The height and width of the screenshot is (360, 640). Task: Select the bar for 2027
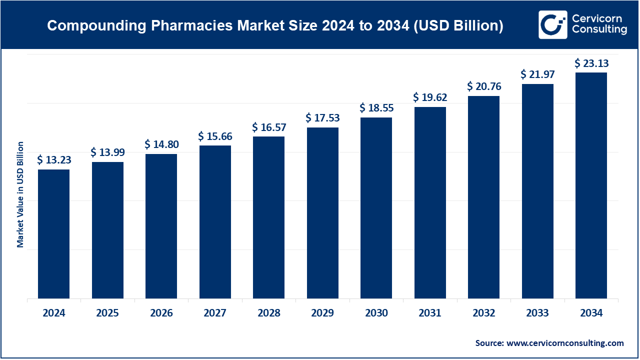[x=215, y=222]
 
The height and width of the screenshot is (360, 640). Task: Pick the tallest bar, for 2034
[x=591, y=185]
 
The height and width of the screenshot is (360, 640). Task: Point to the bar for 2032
[x=483, y=197]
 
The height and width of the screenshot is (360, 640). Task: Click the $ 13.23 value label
[x=53, y=160]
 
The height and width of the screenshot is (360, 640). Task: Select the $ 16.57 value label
[x=268, y=127]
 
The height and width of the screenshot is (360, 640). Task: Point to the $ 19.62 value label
[x=430, y=97]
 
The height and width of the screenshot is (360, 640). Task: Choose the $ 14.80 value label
[x=161, y=144]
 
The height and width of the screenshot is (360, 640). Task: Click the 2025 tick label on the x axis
[x=107, y=313]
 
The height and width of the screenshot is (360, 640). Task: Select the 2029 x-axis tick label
[x=322, y=313]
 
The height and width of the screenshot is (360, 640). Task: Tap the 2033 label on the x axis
[x=537, y=313]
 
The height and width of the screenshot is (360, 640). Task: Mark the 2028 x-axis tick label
[x=268, y=313]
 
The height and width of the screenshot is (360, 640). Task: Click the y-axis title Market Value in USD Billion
[x=20, y=194]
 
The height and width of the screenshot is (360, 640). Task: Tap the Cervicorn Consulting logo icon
[x=552, y=24]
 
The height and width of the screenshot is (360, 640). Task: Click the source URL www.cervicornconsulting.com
[x=565, y=343]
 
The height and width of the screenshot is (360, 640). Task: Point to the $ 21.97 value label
[x=537, y=74]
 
